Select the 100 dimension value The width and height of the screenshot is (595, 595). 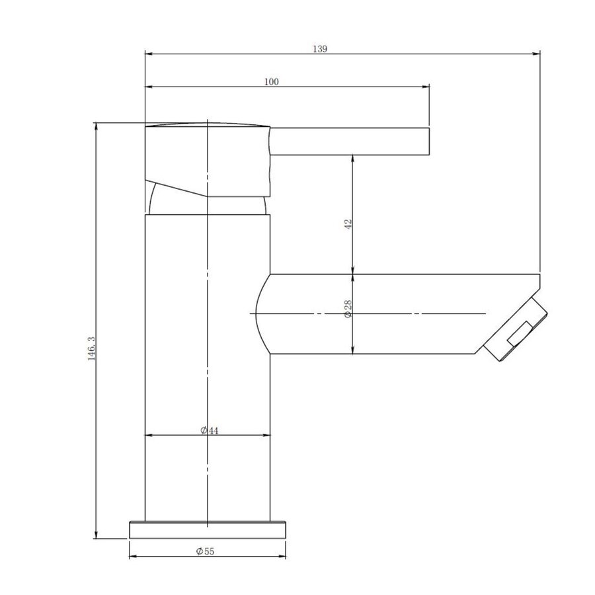coord(271,82)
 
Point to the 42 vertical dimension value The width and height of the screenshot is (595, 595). coord(348,223)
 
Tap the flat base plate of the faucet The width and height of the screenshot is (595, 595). coord(208,530)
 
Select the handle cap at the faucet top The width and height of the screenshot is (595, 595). coord(207,159)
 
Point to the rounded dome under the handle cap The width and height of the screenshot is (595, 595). coord(207,202)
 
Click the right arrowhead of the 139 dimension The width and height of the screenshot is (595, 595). coord(536,55)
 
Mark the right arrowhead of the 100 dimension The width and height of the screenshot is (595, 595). coord(426,87)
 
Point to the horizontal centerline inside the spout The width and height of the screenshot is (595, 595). coord(397,313)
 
